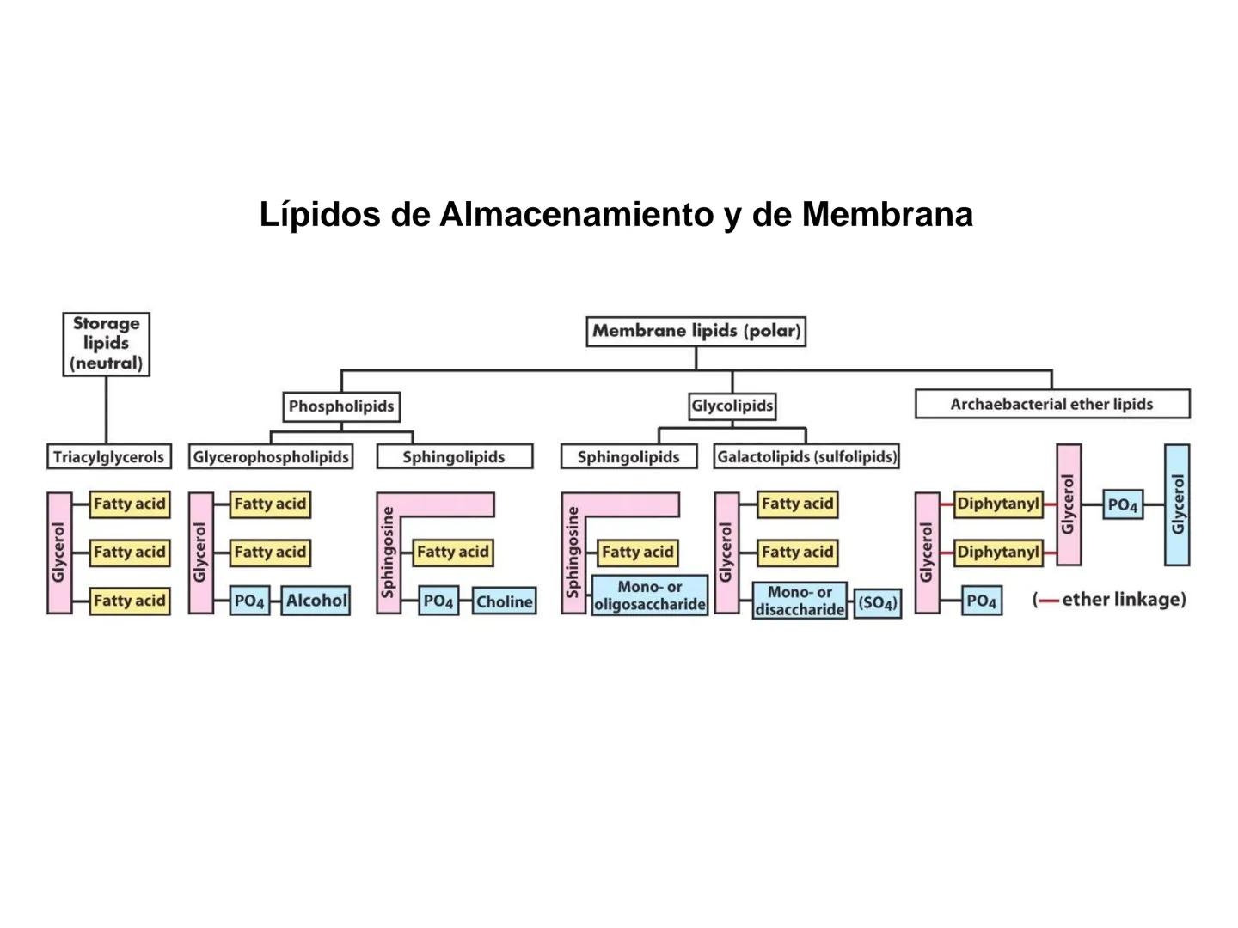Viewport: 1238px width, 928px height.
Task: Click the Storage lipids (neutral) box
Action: pyautogui.click(x=107, y=344)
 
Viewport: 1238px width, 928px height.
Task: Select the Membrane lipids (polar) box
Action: pyautogui.click(x=696, y=331)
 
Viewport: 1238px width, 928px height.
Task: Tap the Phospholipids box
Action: pyautogui.click(x=341, y=406)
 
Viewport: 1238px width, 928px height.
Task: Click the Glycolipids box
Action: pyautogui.click(x=732, y=406)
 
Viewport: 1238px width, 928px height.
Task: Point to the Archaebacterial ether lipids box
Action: pyautogui.click(x=1051, y=404)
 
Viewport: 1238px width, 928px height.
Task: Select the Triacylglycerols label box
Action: pyautogui.click(x=108, y=457)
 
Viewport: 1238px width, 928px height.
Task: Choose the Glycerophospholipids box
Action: pyautogui.click(x=271, y=457)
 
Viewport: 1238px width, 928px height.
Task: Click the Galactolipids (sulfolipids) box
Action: pyautogui.click(x=806, y=457)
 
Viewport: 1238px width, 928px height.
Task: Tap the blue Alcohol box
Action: pyautogui.click(x=316, y=601)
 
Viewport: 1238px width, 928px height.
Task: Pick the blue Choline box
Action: pyautogui.click(x=504, y=601)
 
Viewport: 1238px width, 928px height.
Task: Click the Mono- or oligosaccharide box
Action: pyautogui.click(x=650, y=595)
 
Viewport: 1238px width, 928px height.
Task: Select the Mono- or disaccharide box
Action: pyautogui.click(x=800, y=601)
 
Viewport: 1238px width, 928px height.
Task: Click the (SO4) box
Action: pyautogui.click(x=878, y=602)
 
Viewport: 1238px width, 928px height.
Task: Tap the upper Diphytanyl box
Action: pyautogui.click(x=998, y=504)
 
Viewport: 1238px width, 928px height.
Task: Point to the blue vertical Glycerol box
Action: pyautogui.click(x=1177, y=504)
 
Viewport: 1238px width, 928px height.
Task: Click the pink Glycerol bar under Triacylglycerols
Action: pyautogui.click(x=59, y=553)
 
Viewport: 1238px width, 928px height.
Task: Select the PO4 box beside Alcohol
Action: pyautogui.click(x=250, y=601)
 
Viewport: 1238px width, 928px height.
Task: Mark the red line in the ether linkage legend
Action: pyautogui.click(x=1048, y=601)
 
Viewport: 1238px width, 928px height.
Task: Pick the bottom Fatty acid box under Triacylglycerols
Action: pyautogui.click(x=129, y=601)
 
